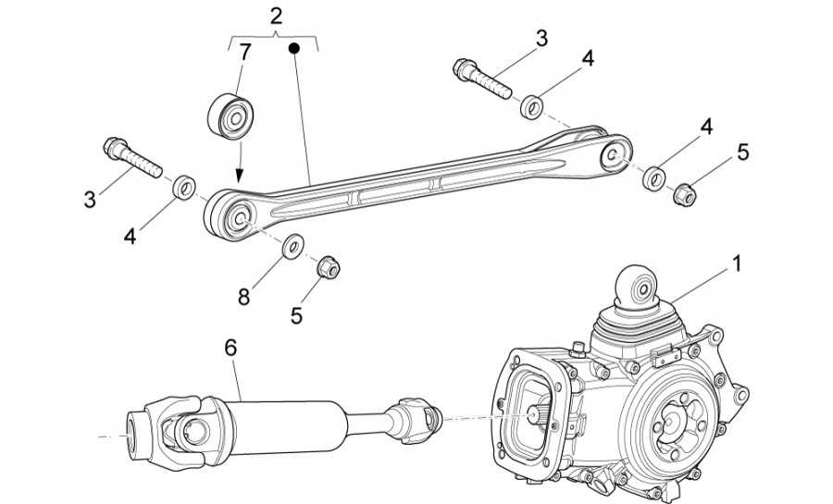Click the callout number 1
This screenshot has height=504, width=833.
tap(737, 264)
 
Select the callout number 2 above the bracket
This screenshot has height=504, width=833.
tap(275, 16)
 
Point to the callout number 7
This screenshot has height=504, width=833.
tap(244, 51)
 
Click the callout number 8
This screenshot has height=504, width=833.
tap(244, 297)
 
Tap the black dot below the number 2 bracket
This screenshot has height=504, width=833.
tap(294, 46)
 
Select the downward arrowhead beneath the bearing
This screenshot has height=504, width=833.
tap(239, 175)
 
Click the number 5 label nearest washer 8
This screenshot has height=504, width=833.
tap(296, 315)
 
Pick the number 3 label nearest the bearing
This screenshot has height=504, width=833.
tap(91, 199)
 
